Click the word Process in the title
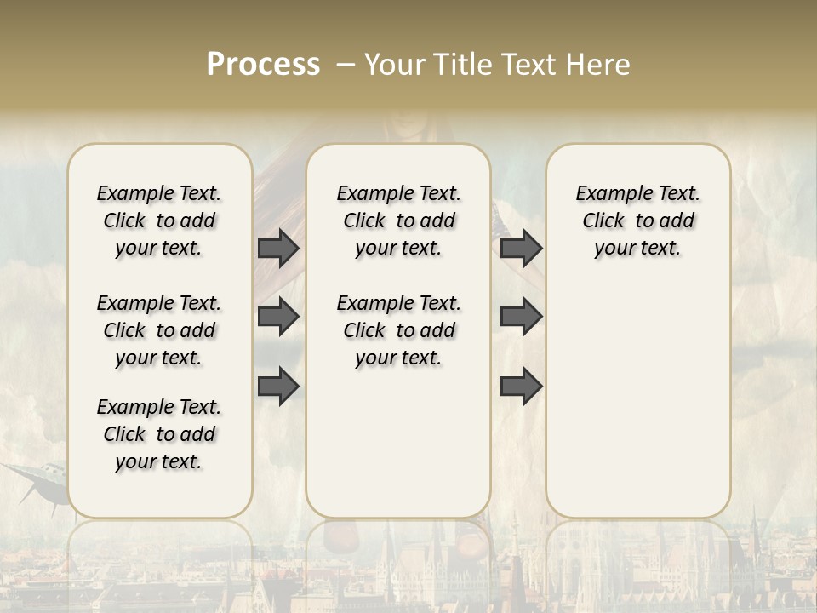point(263,65)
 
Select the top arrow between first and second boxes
point(278,248)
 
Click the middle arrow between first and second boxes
point(278,317)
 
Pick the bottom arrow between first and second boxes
point(278,386)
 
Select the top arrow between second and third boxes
point(521,248)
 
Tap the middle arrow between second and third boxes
point(521,317)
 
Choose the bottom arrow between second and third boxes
point(521,386)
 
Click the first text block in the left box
point(159,221)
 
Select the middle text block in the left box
point(159,330)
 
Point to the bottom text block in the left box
point(159,434)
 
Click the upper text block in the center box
point(398,221)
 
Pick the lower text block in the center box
point(398,330)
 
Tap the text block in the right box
point(637,221)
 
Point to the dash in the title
point(346,65)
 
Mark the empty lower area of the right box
point(637,400)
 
